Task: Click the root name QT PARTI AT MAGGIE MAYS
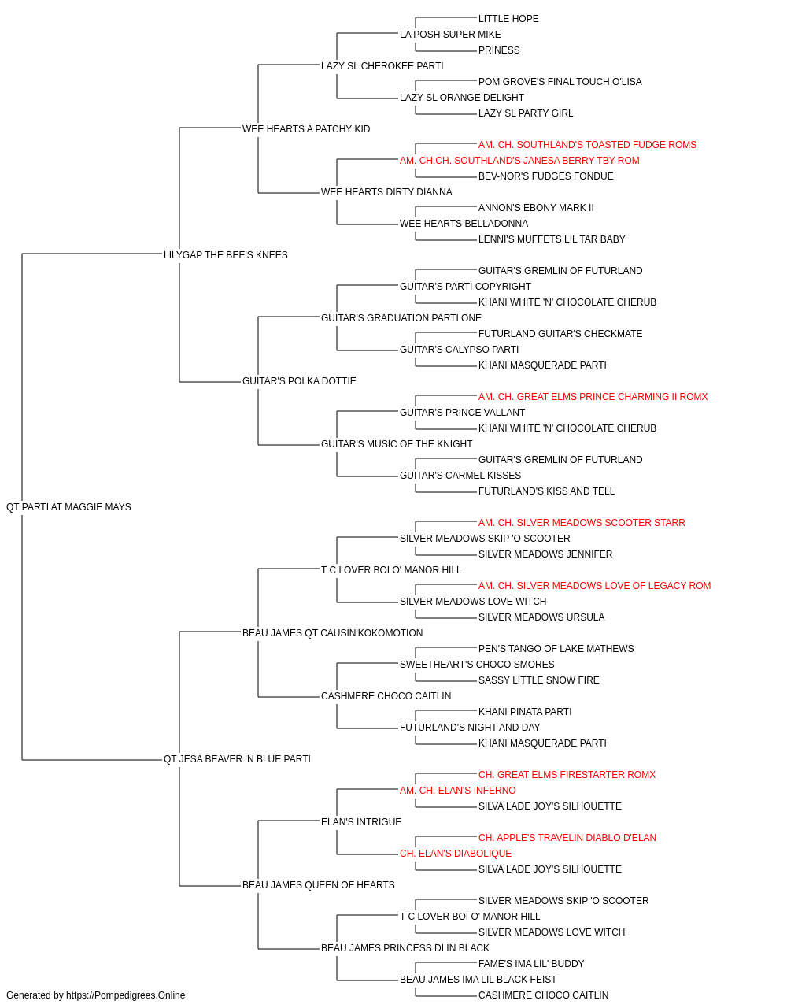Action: [x=68, y=507]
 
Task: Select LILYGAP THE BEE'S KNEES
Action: [x=225, y=255]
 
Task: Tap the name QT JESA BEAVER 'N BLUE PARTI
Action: [x=237, y=759]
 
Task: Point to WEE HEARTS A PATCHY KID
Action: [x=306, y=129]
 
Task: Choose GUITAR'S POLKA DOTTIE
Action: [x=299, y=381]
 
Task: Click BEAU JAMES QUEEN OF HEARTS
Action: [x=319, y=885]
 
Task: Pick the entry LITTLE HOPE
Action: [x=508, y=19]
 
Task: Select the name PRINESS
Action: [x=499, y=50]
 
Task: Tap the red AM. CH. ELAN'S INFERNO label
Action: [x=457, y=791]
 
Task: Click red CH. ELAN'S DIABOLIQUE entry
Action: [x=456, y=854]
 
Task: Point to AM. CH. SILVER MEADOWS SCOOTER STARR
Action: [x=582, y=523]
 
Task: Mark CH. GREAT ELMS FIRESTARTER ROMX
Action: [x=567, y=775]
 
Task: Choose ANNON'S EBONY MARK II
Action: [x=536, y=208]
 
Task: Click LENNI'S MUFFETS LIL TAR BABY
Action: [x=552, y=239]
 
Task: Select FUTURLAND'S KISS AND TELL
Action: [x=546, y=491]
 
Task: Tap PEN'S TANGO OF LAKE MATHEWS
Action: [x=556, y=648]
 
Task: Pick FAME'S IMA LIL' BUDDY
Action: [x=531, y=964]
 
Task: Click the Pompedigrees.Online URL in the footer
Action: [x=126, y=995]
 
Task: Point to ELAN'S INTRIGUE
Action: [x=361, y=822]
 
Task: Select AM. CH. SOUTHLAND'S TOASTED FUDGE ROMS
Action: [x=587, y=145]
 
